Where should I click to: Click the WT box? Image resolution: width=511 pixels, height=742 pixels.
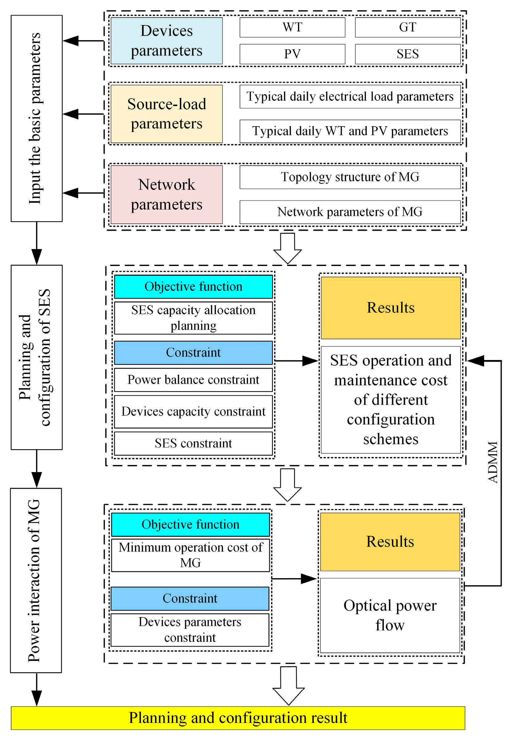[x=292, y=27]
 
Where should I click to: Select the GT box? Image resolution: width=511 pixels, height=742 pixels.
[x=407, y=27]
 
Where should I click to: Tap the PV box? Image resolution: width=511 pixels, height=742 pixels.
[x=292, y=54]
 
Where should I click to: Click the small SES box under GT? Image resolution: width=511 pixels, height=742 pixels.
[x=407, y=54]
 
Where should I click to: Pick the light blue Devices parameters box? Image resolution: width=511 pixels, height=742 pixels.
[x=166, y=41]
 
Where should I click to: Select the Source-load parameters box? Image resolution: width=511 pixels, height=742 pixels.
[x=166, y=114]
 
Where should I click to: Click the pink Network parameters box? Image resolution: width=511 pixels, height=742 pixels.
[x=166, y=194]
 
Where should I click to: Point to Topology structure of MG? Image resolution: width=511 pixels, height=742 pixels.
[x=350, y=177]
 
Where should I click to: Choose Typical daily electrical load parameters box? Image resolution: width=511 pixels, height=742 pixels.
[x=350, y=96]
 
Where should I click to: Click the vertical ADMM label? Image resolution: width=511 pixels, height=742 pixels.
[x=492, y=462]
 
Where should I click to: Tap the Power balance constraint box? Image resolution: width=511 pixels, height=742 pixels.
[x=193, y=379]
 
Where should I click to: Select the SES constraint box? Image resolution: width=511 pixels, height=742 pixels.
[x=193, y=443]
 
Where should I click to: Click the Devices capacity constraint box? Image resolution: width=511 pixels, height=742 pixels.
[x=193, y=411]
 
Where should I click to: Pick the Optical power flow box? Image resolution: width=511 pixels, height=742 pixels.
[x=390, y=615]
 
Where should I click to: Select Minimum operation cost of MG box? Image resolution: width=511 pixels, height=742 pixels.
[x=190, y=555]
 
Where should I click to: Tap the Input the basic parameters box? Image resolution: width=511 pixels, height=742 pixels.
[x=36, y=118]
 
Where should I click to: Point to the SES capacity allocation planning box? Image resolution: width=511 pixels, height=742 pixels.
[x=193, y=318]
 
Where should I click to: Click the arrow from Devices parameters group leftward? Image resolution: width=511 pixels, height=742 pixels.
[x=83, y=41]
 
